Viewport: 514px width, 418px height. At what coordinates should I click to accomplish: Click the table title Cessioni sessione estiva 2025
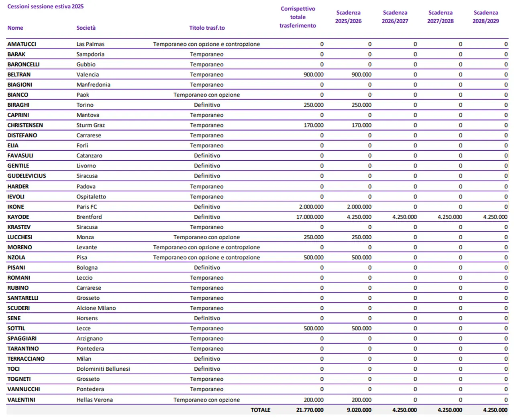coord(45,6)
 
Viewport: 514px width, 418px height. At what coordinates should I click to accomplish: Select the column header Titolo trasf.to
coord(207,28)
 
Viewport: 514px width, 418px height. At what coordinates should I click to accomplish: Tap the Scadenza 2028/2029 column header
coord(485,17)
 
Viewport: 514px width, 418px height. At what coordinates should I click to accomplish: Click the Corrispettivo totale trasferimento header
coord(298,17)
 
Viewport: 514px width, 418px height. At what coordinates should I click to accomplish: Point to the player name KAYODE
coord(18,217)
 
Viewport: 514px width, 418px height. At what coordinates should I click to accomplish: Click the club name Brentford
coord(89,217)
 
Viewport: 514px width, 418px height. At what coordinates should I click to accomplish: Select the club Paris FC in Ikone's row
coord(87,207)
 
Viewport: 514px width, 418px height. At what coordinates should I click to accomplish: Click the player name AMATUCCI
coord(22,44)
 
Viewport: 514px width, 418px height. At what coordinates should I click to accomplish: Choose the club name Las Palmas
coord(90,44)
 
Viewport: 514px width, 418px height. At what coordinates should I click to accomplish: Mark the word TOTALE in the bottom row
coord(260,410)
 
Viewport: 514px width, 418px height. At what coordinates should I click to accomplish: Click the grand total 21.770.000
coord(310,410)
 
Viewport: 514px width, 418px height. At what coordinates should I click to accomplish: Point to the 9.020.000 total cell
coord(359,410)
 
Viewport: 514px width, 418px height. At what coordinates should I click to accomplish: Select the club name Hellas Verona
coord(94,400)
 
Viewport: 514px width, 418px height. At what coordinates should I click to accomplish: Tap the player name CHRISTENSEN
coord(25,125)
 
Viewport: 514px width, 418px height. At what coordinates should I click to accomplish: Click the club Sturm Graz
coord(90,125)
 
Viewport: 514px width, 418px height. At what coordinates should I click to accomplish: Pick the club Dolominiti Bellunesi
coord(103,369)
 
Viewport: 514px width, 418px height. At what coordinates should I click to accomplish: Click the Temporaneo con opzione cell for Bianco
coord(206,95)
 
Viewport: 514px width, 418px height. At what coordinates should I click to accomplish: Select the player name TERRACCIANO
coord(26,359)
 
